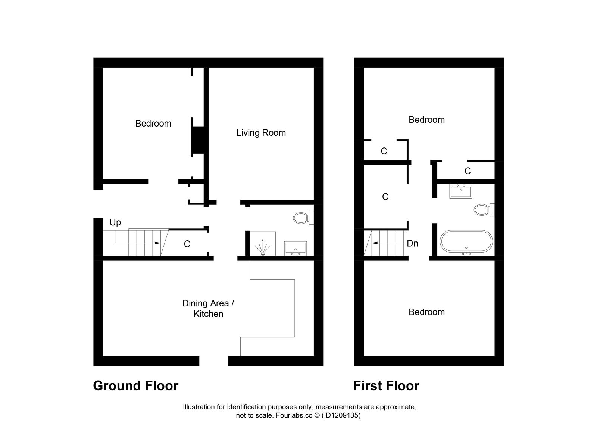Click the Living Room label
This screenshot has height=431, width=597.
tap(261, 133)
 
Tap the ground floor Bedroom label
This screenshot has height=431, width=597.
tap(153, 124)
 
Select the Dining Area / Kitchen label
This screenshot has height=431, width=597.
tap(208, 309)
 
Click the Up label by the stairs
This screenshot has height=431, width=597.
tap(115, 222)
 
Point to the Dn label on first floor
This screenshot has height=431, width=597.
tap(412, 244)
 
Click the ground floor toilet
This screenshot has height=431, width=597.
tap(303, 218)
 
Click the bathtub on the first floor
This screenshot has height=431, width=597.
tap(466, 242)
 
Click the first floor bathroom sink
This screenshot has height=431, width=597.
tap(460, 191)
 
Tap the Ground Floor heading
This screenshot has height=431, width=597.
tap(135, 385)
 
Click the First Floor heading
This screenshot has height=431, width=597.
tap(386, 385)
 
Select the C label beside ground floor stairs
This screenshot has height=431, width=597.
tap(187, 244)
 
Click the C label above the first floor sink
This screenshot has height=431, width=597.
tap(468, 171)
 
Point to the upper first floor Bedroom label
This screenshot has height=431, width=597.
tap(426, 120)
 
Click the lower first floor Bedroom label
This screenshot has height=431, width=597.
tap(426, 312)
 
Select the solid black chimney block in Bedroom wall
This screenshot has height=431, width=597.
tap(198, 140)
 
